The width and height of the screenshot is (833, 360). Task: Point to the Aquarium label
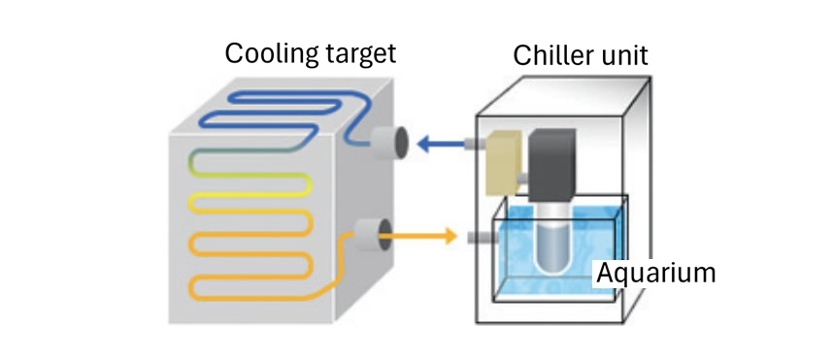[655, 273]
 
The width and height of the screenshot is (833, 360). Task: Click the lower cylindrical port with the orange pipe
[370, 235]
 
